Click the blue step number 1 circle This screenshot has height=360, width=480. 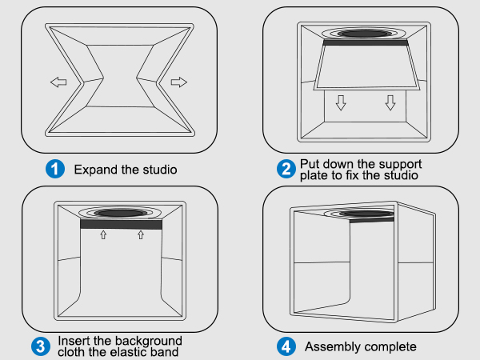[54, 169]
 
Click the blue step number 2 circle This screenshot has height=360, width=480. [286, 169]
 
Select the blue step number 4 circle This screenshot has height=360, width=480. [286, 346]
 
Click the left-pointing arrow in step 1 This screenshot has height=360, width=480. [58, 82]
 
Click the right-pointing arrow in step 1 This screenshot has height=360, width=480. [178, 82]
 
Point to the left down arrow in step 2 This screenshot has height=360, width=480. [341, 103]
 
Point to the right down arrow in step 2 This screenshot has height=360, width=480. [390, 103]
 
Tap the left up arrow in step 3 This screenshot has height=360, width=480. [102, 235]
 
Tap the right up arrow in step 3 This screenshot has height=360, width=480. [141, 235]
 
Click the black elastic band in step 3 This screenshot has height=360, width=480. [122, 225]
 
